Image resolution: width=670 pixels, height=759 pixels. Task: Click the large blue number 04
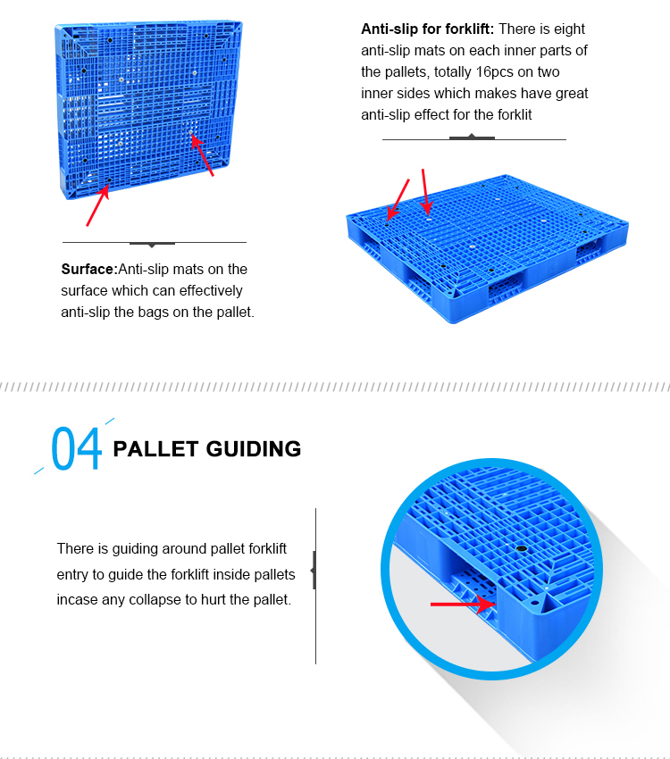pyautogui.click(x=77, y=448)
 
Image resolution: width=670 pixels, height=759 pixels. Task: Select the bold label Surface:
pyautogui.click(x=89, y=269)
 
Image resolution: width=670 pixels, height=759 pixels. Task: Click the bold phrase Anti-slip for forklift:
pyautogui.click(x=427, y=29)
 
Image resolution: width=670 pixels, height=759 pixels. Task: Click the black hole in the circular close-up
pyautogui.click(x=521, y=547)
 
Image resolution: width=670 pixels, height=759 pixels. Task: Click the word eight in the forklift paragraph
pyautogui.click(x=569, y=29)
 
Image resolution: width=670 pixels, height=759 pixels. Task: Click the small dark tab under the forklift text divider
pyautogui.click(x=472, y=138)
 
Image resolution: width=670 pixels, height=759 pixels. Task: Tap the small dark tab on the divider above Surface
pyautogui.click(x=152, y=243)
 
